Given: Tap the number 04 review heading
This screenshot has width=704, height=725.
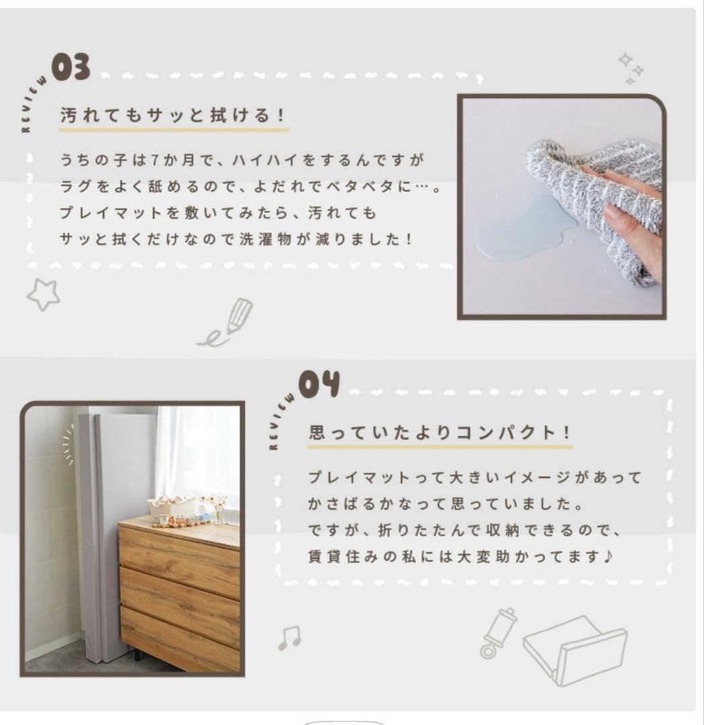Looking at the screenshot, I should (x=319, y=385).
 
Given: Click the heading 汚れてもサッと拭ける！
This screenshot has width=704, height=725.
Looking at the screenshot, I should (x=173, y=115).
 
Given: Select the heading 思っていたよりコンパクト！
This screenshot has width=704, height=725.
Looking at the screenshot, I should (x=440, y=432).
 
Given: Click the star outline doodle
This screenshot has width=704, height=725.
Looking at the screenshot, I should (x=43, y=294).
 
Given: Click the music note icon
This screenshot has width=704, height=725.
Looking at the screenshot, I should (x=289, y=638).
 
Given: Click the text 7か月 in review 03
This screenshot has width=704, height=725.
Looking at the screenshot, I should (x=165, y=161).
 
